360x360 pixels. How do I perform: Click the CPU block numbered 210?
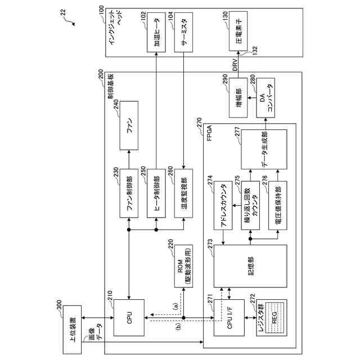click(130, 319)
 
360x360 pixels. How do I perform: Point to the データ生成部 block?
click(264, 149)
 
